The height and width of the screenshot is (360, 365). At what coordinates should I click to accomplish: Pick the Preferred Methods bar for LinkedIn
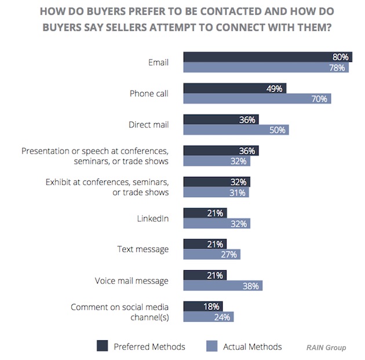pos(205,213)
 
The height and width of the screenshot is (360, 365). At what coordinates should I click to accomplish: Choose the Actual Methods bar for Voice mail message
pos(223,285)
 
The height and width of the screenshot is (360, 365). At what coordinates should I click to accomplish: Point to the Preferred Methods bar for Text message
pos(205,243)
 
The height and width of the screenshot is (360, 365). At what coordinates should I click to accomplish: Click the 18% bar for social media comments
pos(203,306)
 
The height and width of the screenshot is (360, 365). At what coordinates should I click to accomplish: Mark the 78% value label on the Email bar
pos(338,68)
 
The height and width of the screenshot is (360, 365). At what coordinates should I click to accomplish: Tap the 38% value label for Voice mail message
pos(253,285)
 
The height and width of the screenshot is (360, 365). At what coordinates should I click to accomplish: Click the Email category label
pos(158,62)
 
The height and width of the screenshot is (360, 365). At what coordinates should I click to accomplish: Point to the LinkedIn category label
pos(152,219)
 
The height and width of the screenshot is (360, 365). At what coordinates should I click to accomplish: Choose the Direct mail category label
pos(148,125)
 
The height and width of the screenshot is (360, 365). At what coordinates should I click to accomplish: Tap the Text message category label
pos(143,249)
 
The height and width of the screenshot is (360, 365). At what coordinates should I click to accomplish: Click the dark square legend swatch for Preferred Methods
pos(103,347)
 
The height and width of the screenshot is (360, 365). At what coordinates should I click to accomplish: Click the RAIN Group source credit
pos(326,347)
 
